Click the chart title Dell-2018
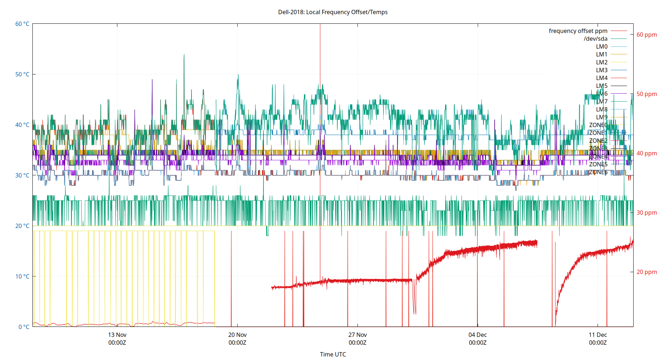click(x=333, y=12)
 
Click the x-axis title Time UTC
click(x=333, y=354)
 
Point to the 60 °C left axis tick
click(x=22, y=24)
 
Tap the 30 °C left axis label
click(x=22, y=175)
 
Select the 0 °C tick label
click(x=24, y=327)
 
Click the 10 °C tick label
click(x=22, y=276)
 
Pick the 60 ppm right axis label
click(x=647, y=35)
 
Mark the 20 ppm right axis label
click(x=647, y=272)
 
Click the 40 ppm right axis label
click(x=647, y=153)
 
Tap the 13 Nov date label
click(x=117, y=335)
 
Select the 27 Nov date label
click(x=357, y=335)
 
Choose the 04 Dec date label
click(x=477, y=335)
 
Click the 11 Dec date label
click(x=598, y=335)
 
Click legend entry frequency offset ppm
click(x=578, y=31)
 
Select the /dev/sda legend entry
click(x=595, y=39)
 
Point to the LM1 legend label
click(x=602, y=54)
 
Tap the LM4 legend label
click(x=602, y=78)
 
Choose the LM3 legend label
click(x=602, y=70)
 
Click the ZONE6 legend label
click(x=598, y=172)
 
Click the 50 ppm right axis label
click(x=647, y=94)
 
